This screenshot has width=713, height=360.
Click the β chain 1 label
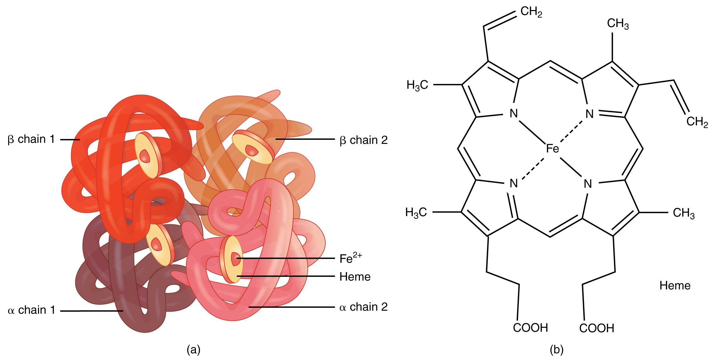31,139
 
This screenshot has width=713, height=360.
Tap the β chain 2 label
364,140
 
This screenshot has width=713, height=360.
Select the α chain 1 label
31,310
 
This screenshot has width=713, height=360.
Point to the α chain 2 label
364,307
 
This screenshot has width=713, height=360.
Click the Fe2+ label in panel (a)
350,258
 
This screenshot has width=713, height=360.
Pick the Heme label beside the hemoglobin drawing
355,277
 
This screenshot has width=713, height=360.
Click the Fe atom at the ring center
552,148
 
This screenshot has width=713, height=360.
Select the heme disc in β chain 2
253,147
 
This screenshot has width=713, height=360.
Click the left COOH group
530,328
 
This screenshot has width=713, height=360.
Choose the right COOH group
597,328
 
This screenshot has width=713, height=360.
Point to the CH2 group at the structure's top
531,12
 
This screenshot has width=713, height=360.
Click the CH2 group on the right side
697,122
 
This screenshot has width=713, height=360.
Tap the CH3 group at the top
618,24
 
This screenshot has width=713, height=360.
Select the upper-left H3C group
417,85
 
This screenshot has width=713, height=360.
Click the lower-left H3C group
416,212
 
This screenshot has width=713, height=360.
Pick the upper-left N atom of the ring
513,113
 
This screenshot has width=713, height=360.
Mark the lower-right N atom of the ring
588,183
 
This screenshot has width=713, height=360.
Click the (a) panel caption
193,349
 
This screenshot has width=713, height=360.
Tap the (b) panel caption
556,349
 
